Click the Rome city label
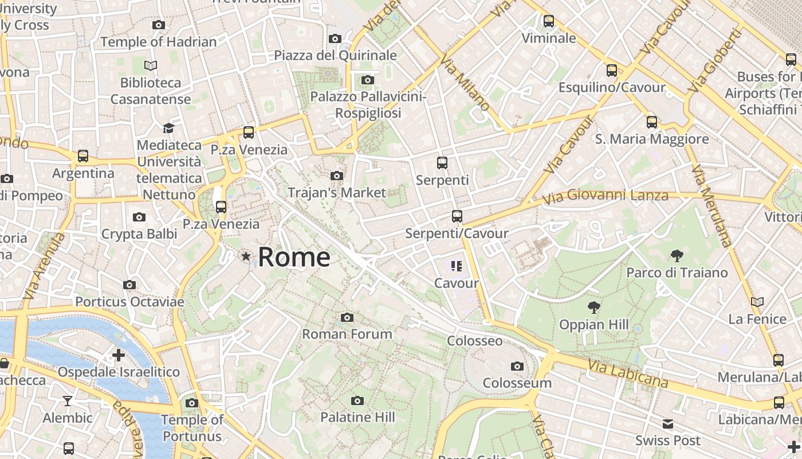tap(294, 257)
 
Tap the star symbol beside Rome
tap(246, 256)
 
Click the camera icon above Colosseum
tap(517, 366)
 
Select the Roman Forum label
tap(347, 334)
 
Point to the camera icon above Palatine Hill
tap(357, 400)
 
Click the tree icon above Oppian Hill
tap(594, 308)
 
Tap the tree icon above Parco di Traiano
tap(677, 255)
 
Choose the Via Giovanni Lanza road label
tap(606, 197)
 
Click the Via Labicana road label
tap(628, 373)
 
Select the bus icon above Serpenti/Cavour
tap(457, 216)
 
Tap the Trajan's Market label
tap(337, 192)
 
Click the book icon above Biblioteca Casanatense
tap(151, 66)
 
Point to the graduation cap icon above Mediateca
tap(168, 128)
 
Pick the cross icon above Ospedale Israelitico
tap(119, 355)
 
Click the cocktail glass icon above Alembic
tap(68, 400)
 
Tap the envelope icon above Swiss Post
tap(668, 424)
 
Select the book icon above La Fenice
tap(757, 302)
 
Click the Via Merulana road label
tap(712, 207)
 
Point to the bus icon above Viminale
tap(549, 21)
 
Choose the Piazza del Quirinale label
tap(335, 56)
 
